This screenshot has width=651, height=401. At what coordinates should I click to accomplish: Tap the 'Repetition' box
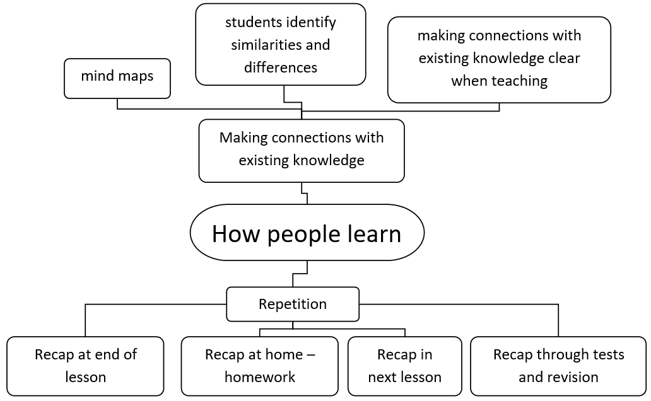[x=293, y=304]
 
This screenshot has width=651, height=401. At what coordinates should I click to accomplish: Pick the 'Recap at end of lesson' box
[x=85, y=366]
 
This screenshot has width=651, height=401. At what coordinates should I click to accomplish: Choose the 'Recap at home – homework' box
[x=260, y=366]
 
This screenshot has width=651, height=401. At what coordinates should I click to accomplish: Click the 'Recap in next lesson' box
[x=404, y=366]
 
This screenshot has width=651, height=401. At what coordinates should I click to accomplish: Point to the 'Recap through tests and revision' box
[x=558, y=366]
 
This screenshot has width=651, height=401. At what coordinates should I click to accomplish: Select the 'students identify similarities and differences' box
[x=281, y=44]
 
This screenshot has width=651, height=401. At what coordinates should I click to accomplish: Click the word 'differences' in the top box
[x=281, y=67]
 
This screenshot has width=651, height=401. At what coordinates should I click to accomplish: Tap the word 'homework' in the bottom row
[x=260, y=377]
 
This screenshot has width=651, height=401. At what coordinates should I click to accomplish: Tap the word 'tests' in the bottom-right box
[x=608, y=354]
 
